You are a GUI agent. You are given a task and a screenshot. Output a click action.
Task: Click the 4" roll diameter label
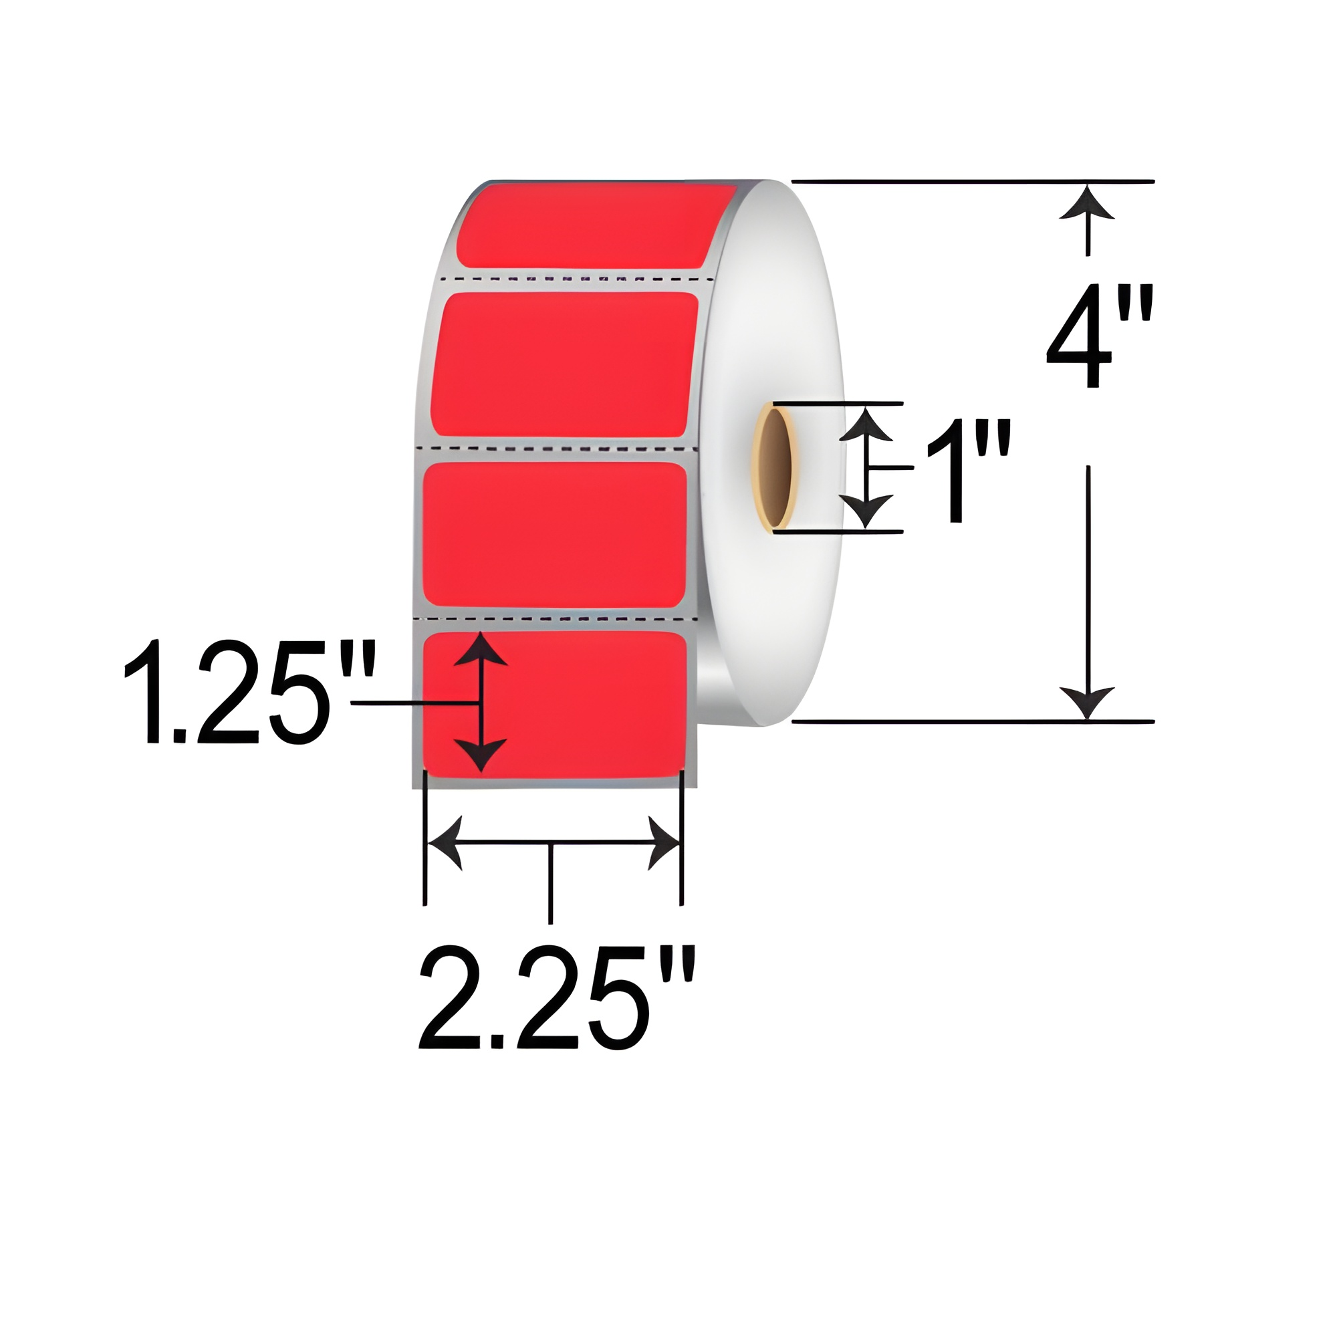point(1099,337)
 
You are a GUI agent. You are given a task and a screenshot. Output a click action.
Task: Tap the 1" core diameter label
point(967,471)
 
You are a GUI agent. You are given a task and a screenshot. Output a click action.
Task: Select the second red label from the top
point(564,365)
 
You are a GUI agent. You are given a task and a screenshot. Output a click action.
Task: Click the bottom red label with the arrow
point(574,703)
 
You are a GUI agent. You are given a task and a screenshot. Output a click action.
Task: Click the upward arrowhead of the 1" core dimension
point(866,424)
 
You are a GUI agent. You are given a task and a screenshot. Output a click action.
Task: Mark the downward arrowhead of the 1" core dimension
point(866,511)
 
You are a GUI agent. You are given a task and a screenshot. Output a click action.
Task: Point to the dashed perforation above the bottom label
point(554,617)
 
